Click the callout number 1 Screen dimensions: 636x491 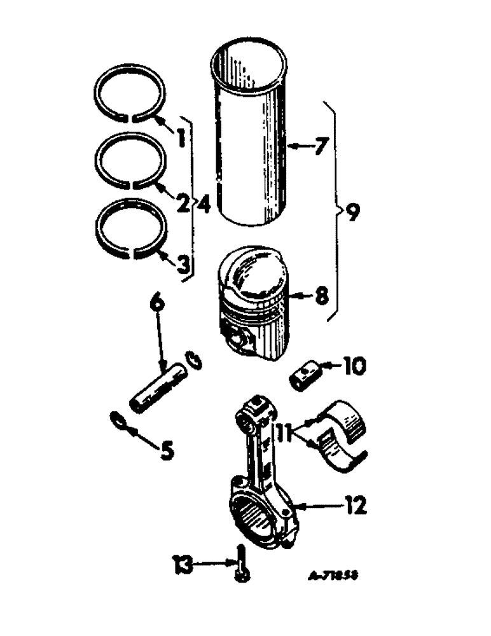(181, 136)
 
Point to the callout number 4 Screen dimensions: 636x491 (203, 204)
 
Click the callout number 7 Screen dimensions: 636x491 (320, 148)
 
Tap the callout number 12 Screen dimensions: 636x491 (356, 506)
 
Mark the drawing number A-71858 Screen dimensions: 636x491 (331, 574)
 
